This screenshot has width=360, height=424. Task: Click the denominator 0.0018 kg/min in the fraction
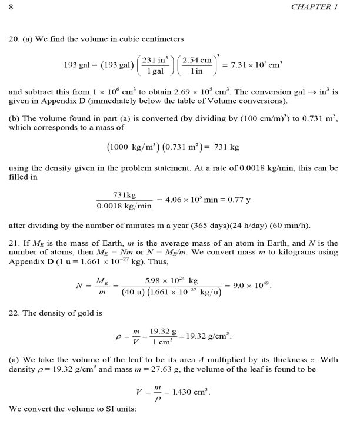[x=124, y=206]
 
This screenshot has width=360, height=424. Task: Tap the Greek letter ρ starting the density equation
[x=118, y=337]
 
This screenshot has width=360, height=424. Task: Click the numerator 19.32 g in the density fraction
[x=162, y=332]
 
